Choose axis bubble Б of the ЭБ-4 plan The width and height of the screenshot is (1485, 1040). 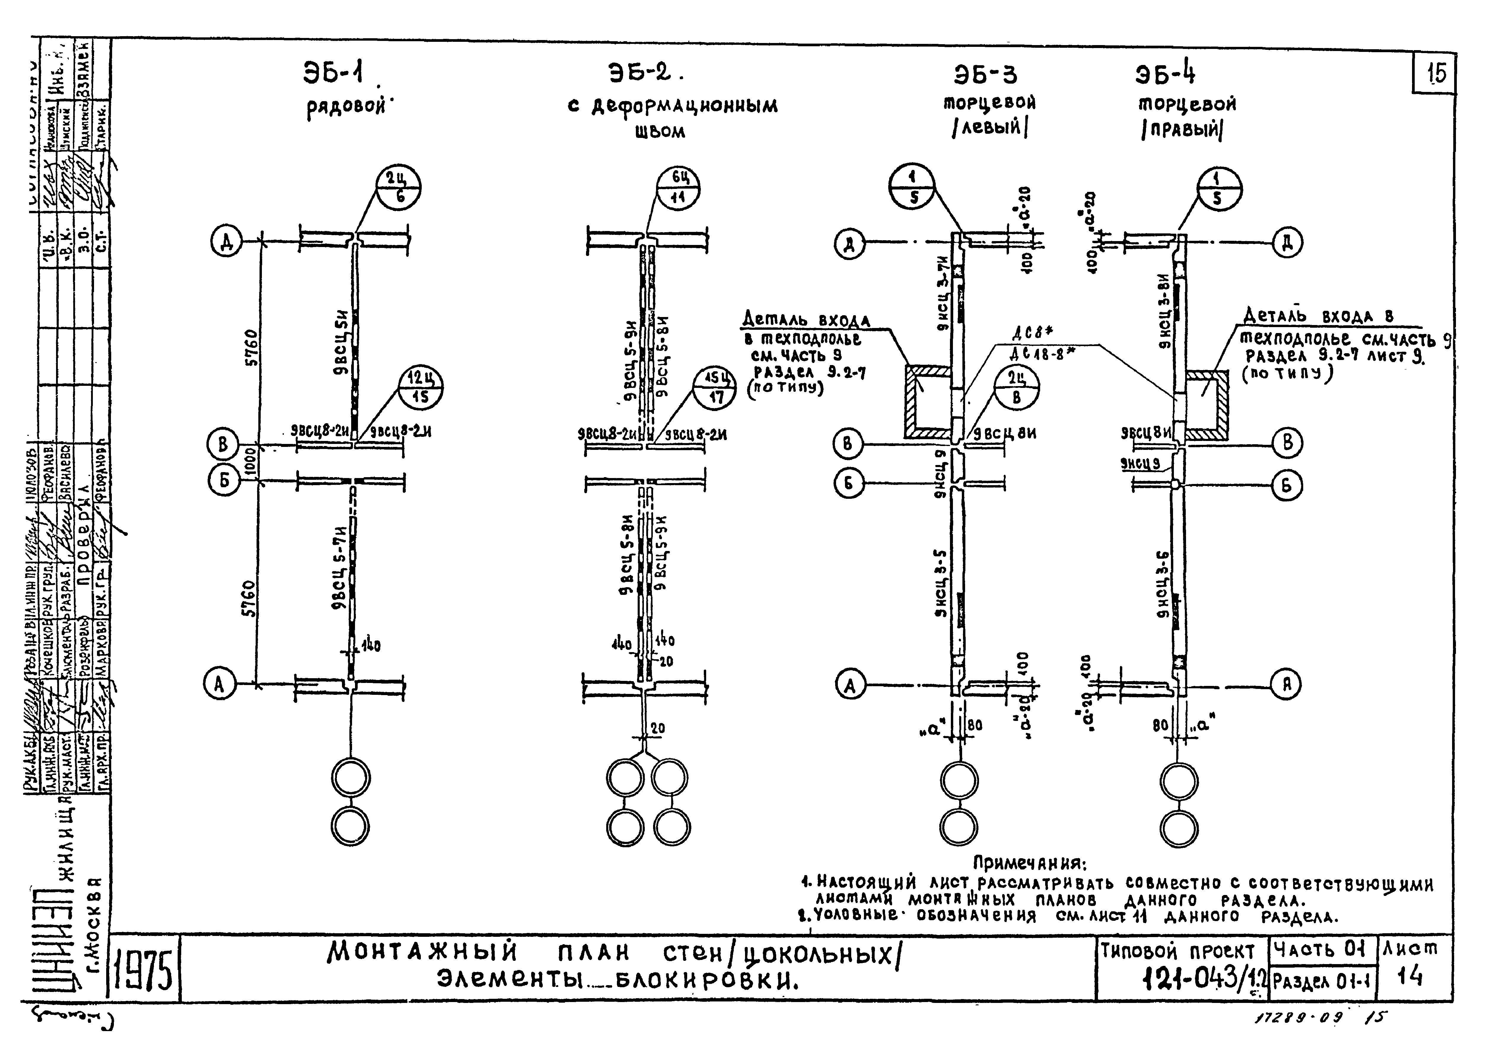click(x=1286, y=485)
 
